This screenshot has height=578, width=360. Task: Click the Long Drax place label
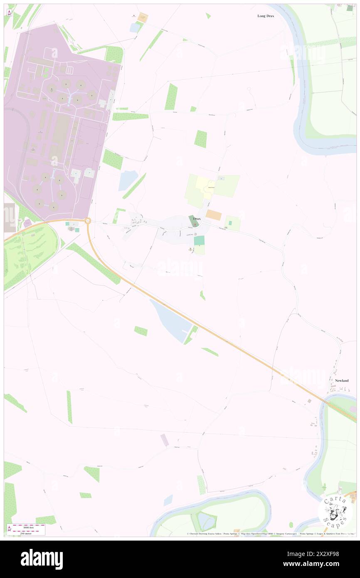(266, 16)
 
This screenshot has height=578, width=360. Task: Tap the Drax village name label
(197, 219)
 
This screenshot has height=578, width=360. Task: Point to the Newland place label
(341, 380)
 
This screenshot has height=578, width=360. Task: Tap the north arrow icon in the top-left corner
(9, 13)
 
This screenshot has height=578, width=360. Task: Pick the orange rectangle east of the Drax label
(214, 215)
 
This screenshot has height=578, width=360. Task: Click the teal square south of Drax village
(199, 240)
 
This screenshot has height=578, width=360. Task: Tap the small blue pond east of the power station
(128, 180)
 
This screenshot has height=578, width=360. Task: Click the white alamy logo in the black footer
(42, 559)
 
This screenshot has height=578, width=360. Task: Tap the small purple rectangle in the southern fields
(165, 440)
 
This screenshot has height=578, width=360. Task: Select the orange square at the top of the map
(143, 17)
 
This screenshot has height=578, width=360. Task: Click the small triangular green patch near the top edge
(208, 16)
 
